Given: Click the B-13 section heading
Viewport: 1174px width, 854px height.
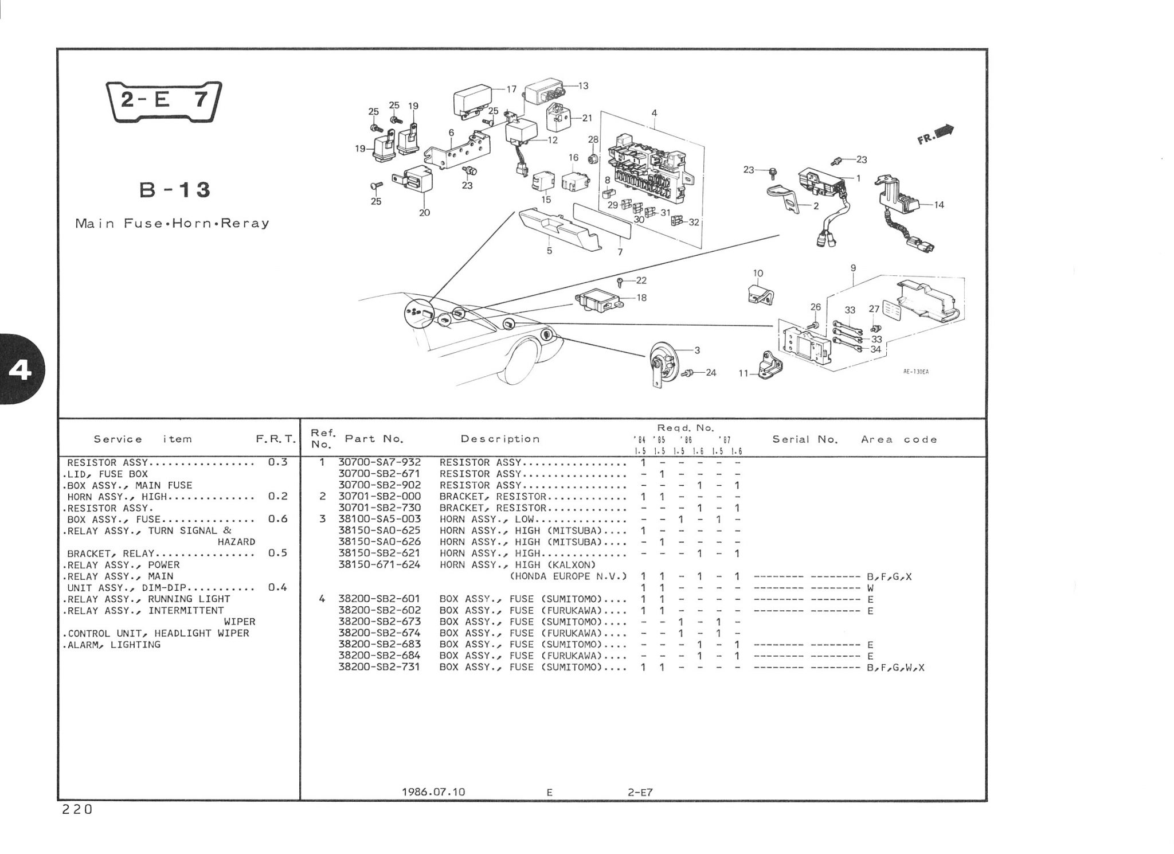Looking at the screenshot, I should coord(175,189).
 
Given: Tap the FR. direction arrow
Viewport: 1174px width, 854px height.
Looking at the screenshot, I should coord(936,135).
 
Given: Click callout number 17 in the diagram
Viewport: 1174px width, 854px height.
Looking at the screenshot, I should coord(511,89).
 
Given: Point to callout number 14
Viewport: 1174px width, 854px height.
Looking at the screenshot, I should coord(939,205).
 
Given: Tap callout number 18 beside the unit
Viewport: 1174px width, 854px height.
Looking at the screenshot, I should coord(641,298).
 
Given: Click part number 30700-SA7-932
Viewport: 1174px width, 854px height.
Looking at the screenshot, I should coord(379,462).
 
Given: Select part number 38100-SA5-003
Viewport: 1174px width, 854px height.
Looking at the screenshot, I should coord(379,519).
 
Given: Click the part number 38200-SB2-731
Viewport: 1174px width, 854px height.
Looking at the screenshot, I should coord(379,667).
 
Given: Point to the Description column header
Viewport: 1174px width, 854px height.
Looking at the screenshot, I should coord(500,439).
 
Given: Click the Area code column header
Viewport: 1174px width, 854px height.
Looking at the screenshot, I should coord(899,440).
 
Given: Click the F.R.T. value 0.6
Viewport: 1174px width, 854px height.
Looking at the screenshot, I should coord(277,519).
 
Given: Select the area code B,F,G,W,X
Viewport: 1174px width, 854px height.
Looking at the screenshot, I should coord(896,668).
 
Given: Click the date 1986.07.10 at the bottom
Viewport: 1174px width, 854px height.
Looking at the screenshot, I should coord(433,792).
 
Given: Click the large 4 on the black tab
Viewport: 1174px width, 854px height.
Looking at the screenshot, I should coord(21,371).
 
